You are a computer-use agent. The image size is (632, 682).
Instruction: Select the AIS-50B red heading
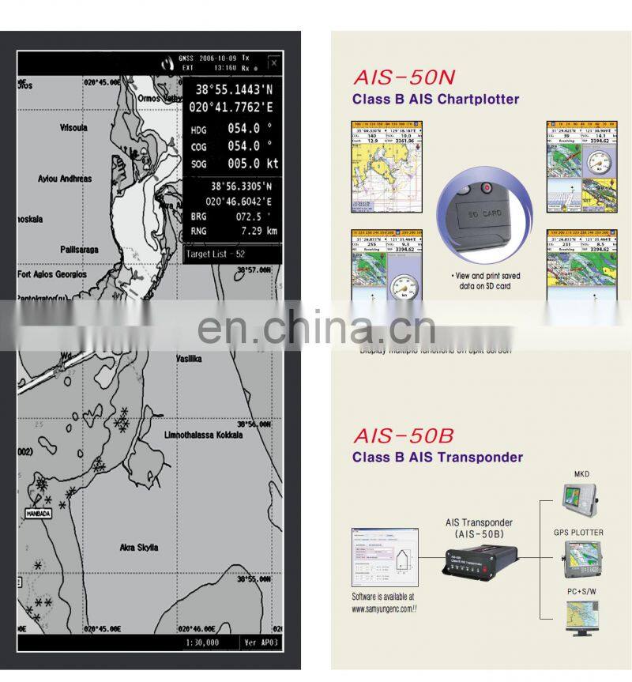coord(404,435)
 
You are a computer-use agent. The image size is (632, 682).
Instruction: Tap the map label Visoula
coord(74,127)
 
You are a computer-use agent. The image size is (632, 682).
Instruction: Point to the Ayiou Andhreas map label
coord(65,179)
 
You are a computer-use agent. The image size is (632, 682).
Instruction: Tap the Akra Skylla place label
coord(138,548)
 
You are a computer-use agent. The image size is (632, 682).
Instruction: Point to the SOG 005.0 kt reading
coord(235,164)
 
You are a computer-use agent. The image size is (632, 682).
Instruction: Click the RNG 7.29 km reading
coord(235,231)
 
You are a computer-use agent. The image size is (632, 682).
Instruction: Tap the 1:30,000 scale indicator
coord(201,642)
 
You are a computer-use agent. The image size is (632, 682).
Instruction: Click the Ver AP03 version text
coord(261,642)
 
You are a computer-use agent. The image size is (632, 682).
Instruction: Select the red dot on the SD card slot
coord(487,188)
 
